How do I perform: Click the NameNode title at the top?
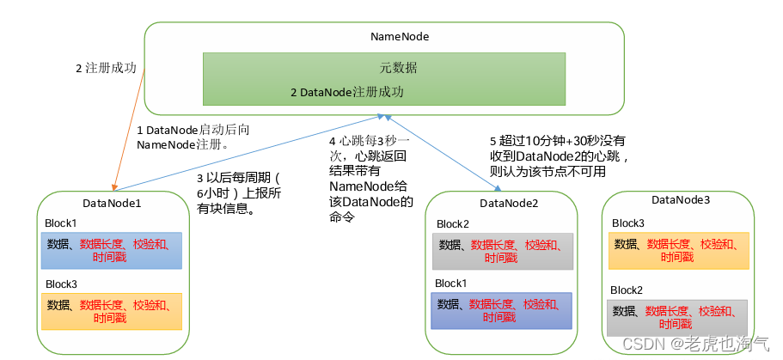(399, 37)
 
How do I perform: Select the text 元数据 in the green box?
(399, 67)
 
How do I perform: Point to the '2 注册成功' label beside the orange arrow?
(106, 68)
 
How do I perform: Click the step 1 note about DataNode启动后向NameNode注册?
(193, 137)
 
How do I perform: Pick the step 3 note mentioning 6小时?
(232, 193)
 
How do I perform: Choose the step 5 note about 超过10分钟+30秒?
(560, 155)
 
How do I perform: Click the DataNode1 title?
(112, 203)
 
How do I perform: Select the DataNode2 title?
(508, 203)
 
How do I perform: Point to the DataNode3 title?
(681, 200)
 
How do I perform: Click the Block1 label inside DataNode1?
(61, 223)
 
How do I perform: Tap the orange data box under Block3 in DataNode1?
(112, 311)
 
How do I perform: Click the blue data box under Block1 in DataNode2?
(502, 310)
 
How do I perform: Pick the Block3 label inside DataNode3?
(627, 223)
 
